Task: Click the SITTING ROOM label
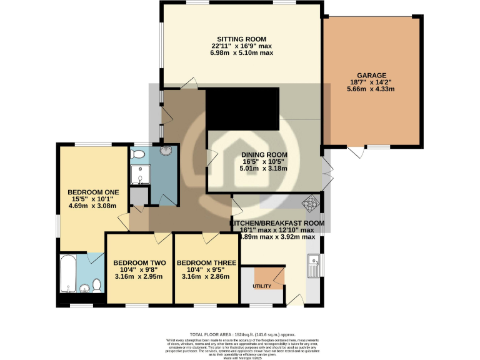click(242, 38)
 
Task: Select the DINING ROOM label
click(266, 154)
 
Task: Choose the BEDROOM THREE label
click(206, 262)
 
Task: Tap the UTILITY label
click(262, 286)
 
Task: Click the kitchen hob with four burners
click(311, 202)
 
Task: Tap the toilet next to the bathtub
click(97, 285)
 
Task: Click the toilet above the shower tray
click(138, 153)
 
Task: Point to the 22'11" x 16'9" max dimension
click(242, 46)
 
